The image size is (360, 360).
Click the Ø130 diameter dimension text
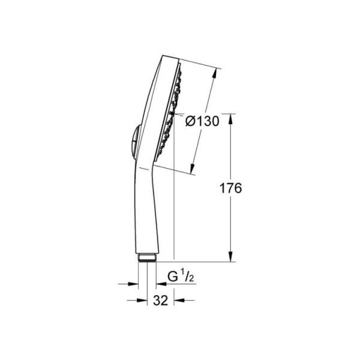(202, 121)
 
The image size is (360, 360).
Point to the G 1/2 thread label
(179, 277)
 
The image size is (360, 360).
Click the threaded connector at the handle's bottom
(146, 258)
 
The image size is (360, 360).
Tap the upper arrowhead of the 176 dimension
(232, 118)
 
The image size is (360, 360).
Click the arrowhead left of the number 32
(135, 301)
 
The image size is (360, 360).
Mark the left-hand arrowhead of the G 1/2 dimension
(133, 284)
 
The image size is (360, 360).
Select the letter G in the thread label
(172, 277)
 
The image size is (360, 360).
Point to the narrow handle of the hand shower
(142, 210)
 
